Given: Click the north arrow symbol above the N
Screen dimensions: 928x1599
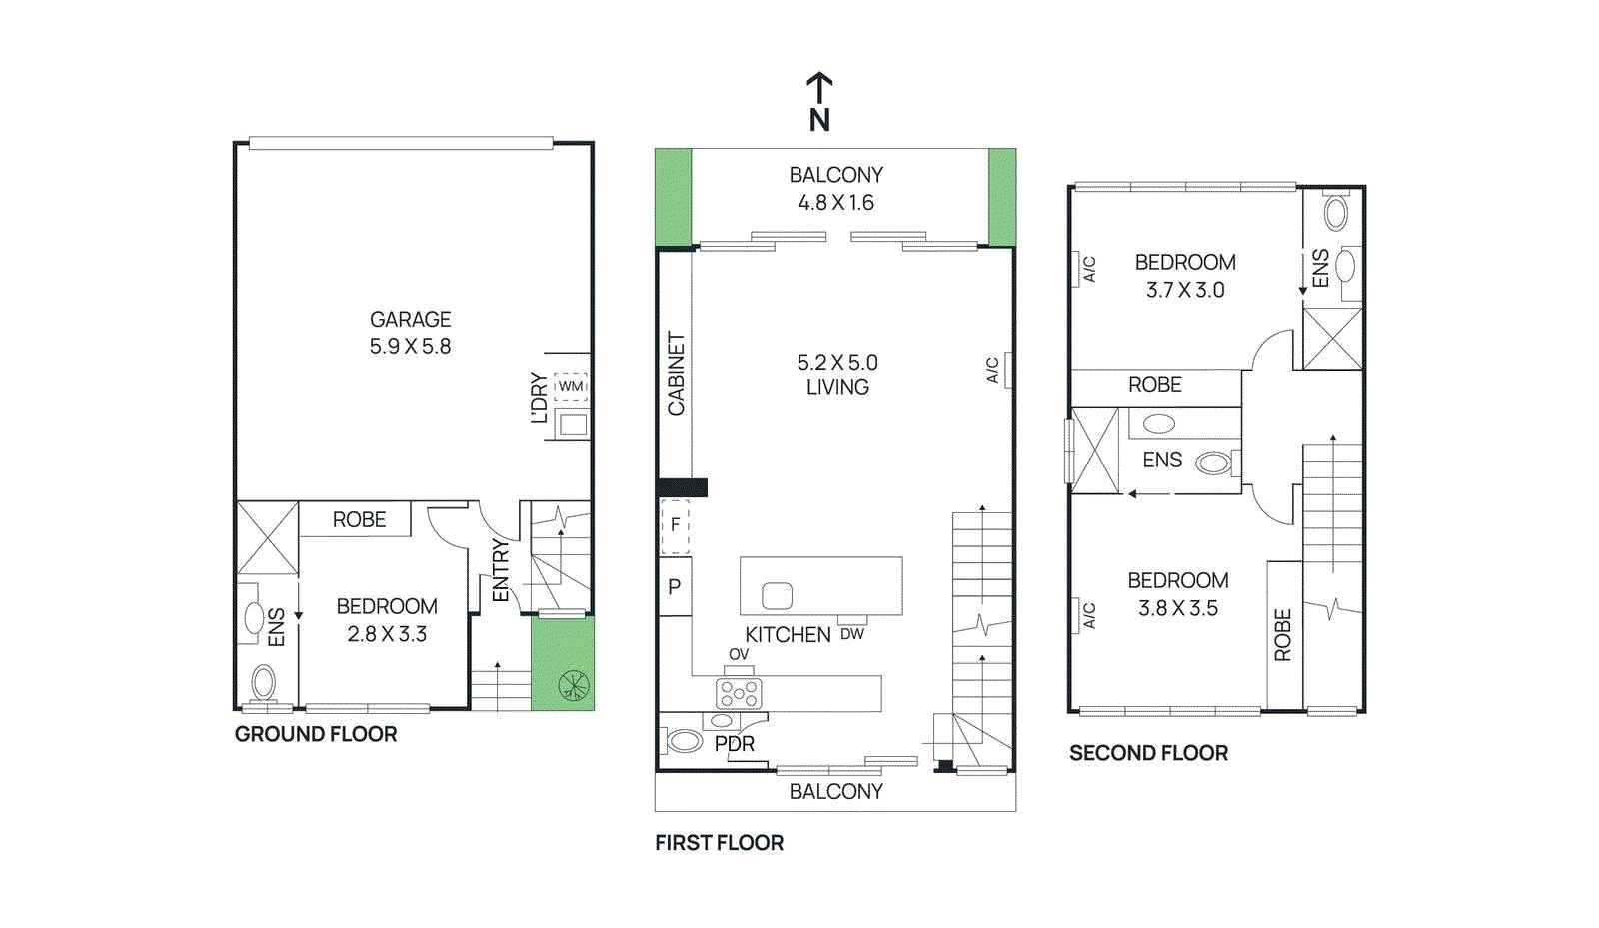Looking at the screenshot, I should [819, 86].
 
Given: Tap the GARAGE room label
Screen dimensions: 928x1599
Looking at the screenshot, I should [410, 319].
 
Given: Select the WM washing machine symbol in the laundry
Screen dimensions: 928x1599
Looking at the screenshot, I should [571, 386].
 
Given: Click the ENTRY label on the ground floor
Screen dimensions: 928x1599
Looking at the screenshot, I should [501, 570].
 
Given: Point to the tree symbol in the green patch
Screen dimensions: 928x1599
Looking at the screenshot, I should [574, 685].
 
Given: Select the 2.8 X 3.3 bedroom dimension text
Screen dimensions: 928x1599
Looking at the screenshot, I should [387, 634].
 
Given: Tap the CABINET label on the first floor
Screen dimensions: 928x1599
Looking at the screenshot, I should [677, 373].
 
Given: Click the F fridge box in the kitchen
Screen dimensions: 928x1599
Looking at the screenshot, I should [676, 525].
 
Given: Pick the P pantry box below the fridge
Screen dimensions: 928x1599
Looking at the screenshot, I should [675, 587].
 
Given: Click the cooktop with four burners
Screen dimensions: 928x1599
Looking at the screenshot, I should [739, 693].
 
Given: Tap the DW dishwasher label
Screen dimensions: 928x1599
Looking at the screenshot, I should [851, 634].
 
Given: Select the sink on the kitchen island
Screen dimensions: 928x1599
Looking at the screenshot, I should [777, 596].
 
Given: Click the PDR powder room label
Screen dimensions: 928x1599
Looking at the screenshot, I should [734, 744].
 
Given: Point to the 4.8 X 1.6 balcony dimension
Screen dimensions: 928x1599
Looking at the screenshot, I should [835, 203].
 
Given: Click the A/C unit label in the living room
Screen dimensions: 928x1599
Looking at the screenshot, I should [992, 370].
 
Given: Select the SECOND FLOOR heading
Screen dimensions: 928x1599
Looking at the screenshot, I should [1148, 753].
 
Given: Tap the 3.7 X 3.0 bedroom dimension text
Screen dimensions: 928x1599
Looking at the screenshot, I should [1185, 290].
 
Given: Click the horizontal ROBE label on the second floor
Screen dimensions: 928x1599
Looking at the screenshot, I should [1154, 385].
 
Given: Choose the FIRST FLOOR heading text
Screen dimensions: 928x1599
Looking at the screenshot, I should [719, 843].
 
